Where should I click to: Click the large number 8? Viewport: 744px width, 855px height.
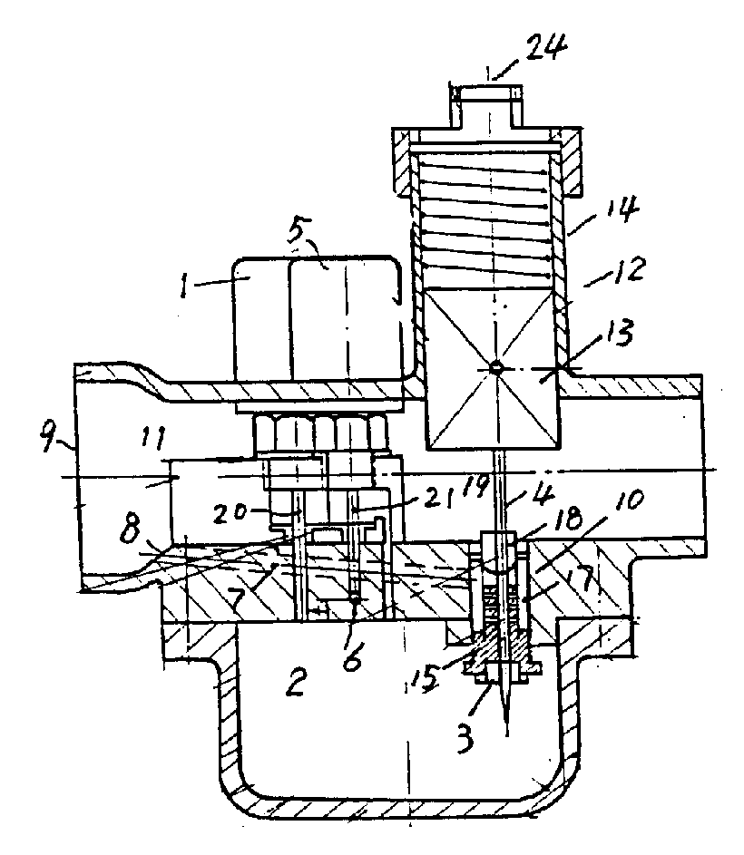pos(132,528)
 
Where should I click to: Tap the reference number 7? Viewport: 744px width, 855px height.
pos(239,598)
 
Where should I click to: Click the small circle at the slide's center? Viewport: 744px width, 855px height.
pos(495,368)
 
